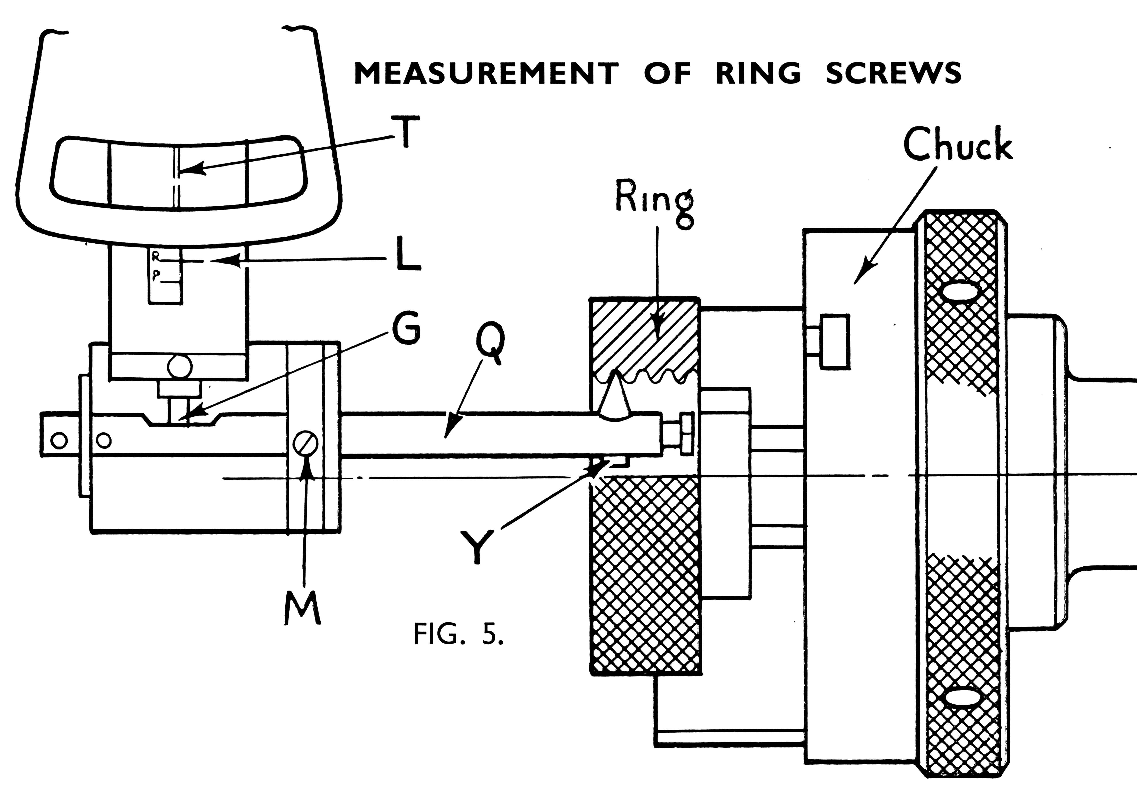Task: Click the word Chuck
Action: (957, 144)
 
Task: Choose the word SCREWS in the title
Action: (893, 74)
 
